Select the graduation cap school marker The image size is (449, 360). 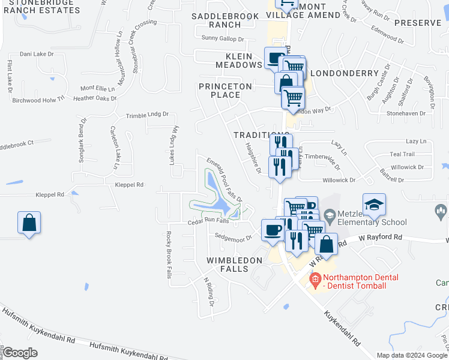click(374, 205)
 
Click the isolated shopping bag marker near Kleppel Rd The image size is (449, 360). click(29, 223)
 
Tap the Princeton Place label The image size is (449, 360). click(226, 91)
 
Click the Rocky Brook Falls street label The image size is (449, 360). click(169, 255)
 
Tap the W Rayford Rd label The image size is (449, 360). click(381, 238)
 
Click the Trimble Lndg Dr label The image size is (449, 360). click(147, 115)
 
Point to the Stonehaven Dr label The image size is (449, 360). click(406, 112)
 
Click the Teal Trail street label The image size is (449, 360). click(402, 154)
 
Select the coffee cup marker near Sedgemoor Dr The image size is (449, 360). click(273, 230)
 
